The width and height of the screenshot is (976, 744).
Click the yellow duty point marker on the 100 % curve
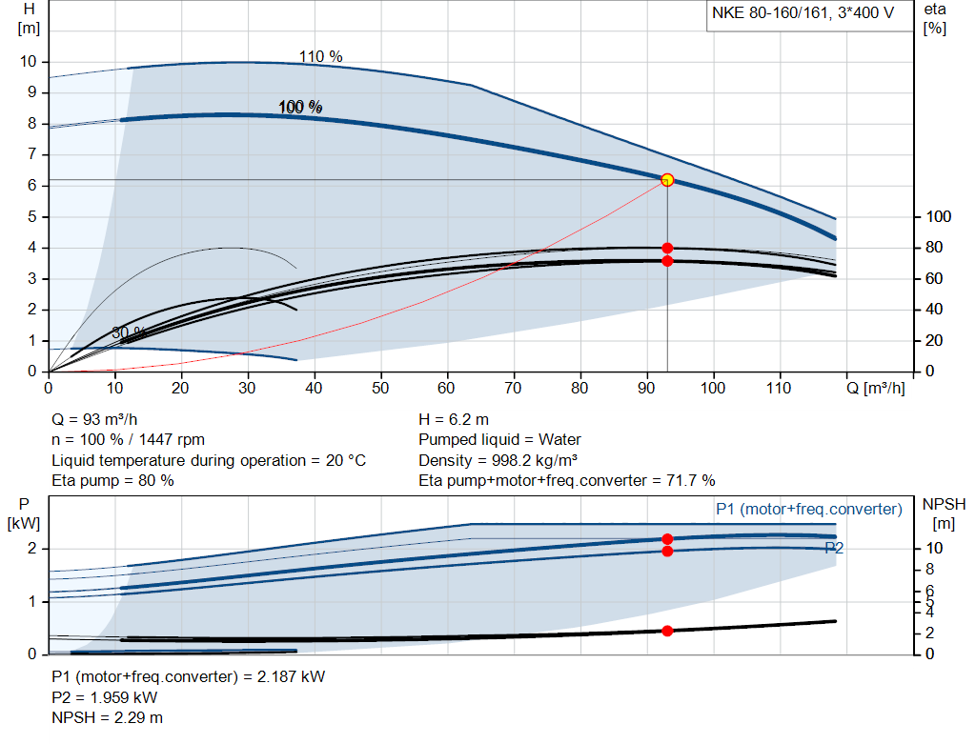point(667,180)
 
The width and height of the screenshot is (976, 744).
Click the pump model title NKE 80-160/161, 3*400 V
point(803,15)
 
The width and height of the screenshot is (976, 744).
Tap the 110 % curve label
point(320,57)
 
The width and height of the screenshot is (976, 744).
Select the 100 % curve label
point(300,108)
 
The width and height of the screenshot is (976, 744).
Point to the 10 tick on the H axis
point(28,61)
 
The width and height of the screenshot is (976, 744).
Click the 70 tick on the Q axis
point(514,388)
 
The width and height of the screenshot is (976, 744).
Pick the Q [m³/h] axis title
point(876,388)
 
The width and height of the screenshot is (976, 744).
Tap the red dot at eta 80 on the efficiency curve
point(667,248)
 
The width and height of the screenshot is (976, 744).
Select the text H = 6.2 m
point(455,419)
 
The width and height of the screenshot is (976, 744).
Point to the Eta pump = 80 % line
point(112,481)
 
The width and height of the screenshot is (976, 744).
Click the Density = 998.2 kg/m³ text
point(499,460)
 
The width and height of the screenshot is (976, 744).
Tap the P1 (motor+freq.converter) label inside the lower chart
point(808,510)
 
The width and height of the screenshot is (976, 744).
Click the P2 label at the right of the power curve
point(834,548)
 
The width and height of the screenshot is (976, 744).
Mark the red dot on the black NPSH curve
point(667,631)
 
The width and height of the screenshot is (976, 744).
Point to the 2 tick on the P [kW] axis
point(31,549)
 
